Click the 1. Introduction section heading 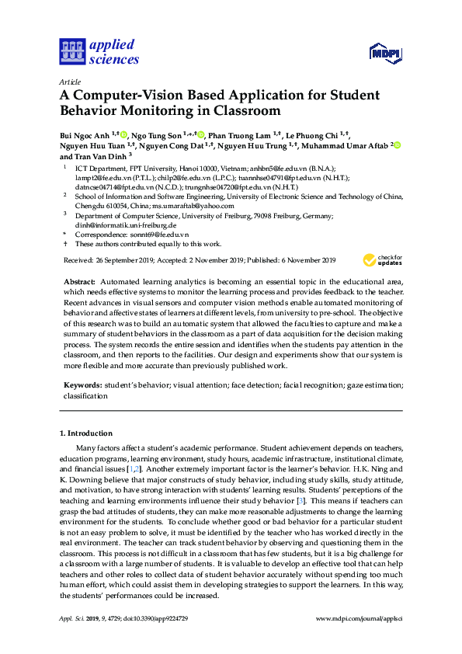[x=86, y=433]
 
